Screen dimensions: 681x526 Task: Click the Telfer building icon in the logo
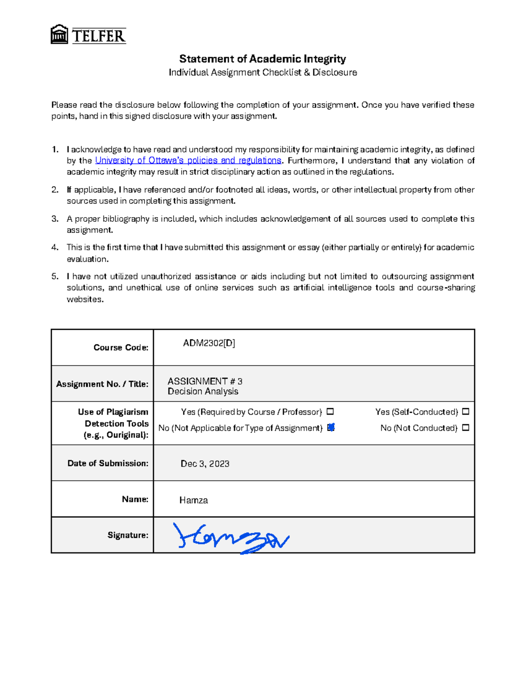(x=59, y=35)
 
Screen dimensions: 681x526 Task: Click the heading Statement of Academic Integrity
(x=263, y=59)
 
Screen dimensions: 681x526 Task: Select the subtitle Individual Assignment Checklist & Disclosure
(x=263, y=72)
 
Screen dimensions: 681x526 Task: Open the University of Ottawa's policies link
(x=188, y=160)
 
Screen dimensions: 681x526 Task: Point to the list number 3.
(x=55, y=219)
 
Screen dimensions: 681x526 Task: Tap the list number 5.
(x=55, y=276)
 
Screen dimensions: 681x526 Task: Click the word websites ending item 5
(x=85, y=299)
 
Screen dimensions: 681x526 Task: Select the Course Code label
(x=121, y=348)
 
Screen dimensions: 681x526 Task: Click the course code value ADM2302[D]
(x=209, y=343)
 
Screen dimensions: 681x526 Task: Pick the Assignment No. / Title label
(x=102, y=384)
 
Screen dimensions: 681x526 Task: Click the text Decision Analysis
(x=203, y=392)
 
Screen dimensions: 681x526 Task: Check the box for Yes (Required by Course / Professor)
(x=330, y=412)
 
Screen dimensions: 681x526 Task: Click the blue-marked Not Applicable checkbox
(x=331, y=428)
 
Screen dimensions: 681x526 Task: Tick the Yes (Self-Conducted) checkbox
(x=466, y=412)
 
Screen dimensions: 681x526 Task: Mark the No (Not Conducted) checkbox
(x=466, y=428)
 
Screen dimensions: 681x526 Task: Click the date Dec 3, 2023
(x=205, y=464)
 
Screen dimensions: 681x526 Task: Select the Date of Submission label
(x=108, y=464)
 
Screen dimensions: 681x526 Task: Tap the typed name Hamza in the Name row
(x=193, y=500)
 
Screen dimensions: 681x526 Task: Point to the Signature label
(x=128, y=535)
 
